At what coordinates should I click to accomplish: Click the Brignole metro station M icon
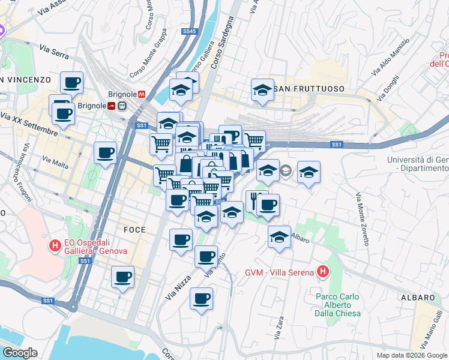[x=142, y=94]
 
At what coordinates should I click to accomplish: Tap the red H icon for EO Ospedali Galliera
[x=55, y=245]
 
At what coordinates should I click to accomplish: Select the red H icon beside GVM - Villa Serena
[x=323, y=272]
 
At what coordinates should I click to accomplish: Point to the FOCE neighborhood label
[x=134, y=230]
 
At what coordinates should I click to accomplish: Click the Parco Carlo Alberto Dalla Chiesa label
[x=337, y=305]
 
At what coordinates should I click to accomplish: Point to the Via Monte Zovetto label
[x=362, y=219]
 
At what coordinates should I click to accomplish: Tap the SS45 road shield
[x=190, y=31]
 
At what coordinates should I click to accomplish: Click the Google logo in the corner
[x=20, y=353]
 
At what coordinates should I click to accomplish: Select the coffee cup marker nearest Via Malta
[x=105, y=152]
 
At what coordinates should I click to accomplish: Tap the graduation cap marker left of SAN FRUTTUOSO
[x=262, y=90]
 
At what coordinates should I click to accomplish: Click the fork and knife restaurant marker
[x=256, y=200]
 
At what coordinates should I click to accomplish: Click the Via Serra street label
[x=54, y=51]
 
